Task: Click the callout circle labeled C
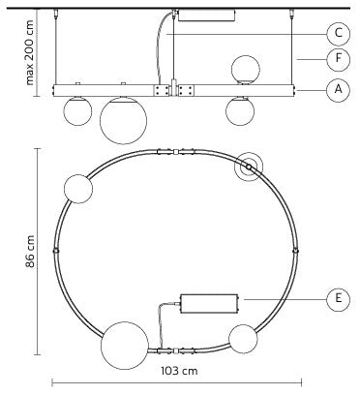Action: (x=338, y=33)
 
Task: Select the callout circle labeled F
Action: (x=338, y=59)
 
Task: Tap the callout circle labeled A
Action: (x=338, y=90)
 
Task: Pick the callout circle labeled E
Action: (x=338, y=299)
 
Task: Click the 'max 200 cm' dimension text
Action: (x=29, y=52)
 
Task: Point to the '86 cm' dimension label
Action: (x=30, y=252)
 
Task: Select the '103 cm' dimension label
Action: (x=179, y=371)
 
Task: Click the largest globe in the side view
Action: (x=123, y=120)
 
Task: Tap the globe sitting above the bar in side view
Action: (x=246, y=70)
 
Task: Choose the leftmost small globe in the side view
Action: (x=77, y=111)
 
